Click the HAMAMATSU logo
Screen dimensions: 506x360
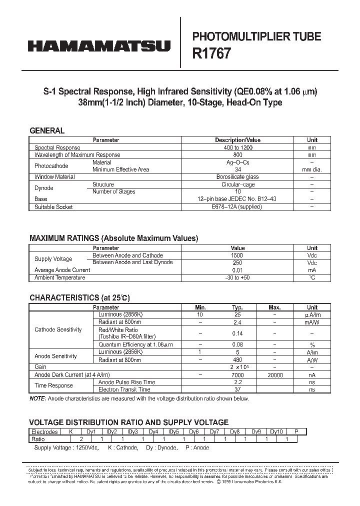point(99,46)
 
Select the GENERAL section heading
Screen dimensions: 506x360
point(47,130)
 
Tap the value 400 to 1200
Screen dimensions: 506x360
point(237,148)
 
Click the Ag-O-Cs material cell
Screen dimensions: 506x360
point(237,162)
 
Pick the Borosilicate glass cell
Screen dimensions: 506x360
point(237,177)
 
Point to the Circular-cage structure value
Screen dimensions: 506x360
point(237,184)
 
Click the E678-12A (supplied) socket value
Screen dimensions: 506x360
point(237,207)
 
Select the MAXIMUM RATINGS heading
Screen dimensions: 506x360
point(113,238)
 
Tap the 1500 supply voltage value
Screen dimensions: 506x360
point(237,255)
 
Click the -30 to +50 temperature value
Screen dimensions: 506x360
point(237,277)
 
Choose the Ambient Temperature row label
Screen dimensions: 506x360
point(59,277)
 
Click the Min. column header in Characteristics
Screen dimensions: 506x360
point(200,307)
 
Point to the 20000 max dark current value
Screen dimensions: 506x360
point(274,375)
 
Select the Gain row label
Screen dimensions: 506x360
point(40,367)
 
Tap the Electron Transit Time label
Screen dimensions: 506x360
point(124,389)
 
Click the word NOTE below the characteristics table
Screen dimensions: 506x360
point(37,398)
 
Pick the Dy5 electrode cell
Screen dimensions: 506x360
point(173,431)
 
